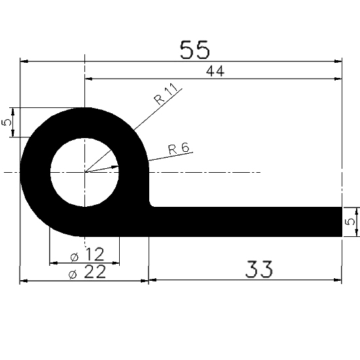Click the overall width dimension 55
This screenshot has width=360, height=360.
click(x=194, y=50)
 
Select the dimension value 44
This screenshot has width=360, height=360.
click(x=215, y=71)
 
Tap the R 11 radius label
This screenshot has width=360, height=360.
click(x=167, y=97)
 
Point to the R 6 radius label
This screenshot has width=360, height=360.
click(x=178, y=149)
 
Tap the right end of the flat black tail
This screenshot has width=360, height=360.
click(x=338, y=222)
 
